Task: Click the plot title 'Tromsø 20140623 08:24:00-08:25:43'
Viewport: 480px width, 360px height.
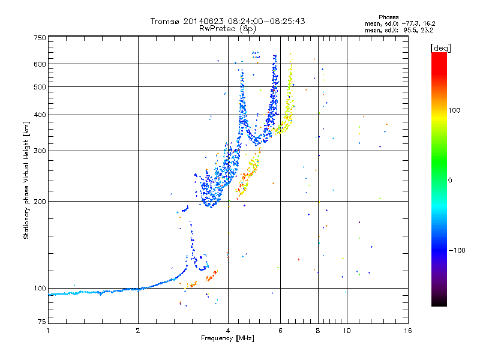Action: pyautogui.click(x=227, y=21)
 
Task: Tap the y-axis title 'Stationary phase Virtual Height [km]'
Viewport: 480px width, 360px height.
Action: pyautogui.click(x=26, y=180)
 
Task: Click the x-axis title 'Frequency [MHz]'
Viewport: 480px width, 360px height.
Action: pyautogui.click(x=227, y=339)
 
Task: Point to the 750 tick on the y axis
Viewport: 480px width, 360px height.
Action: pyautogui.click(x=40, y=38)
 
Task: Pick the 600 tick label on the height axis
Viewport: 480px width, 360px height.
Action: pyautogui.click(x=40, y=64)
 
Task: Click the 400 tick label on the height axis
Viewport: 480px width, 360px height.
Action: pyautogui.click(x=40, y=115)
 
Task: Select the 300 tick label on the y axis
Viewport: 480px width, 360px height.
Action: pyautogui.click(x=40, y=151)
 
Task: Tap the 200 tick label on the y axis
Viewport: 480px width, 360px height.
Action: pyautogui.click(x=40, y=201)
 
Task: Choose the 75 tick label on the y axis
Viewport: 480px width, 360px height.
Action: pyautogui.click(x=41, y=323)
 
